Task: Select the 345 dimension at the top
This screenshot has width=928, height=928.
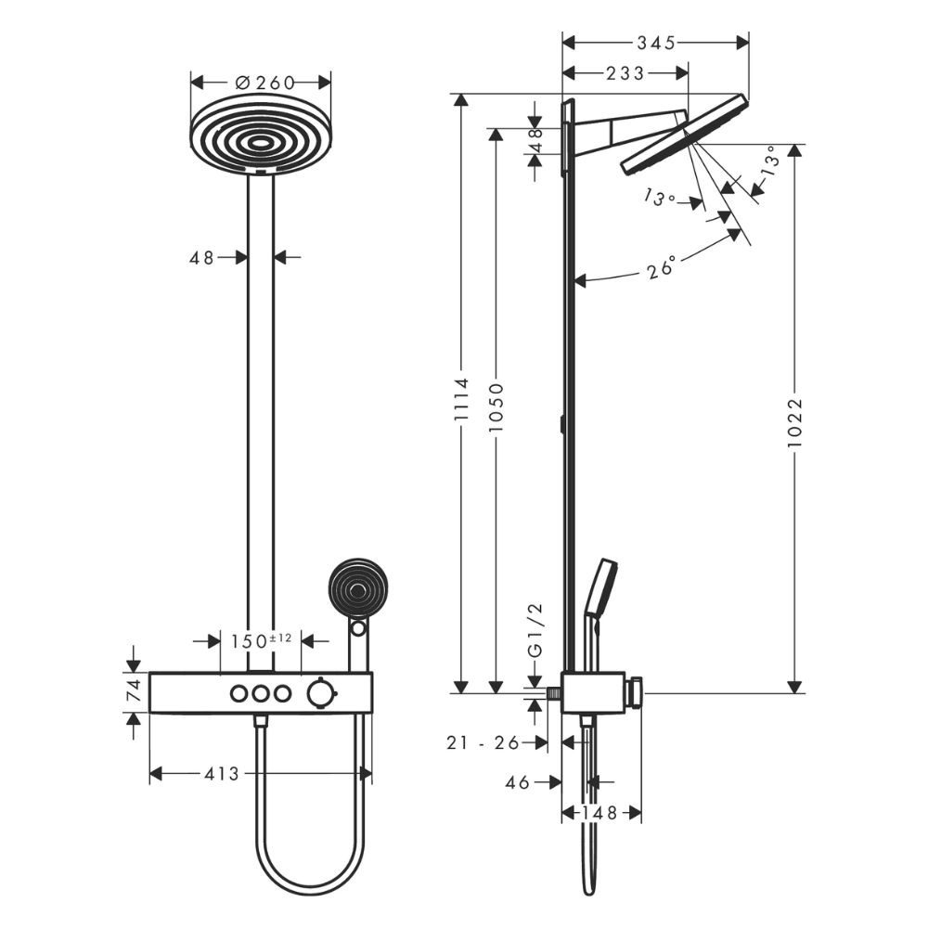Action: click(655, 43)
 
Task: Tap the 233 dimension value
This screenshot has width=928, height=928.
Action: click(625, 74)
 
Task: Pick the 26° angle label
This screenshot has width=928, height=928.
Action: click(660, 269)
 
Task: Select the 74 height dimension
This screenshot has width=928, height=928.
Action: click(134, 690)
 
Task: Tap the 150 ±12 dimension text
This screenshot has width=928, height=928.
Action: click(263, 640)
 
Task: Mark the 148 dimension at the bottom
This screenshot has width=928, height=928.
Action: click(602, 813)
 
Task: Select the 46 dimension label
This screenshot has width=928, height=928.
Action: click(518, 782)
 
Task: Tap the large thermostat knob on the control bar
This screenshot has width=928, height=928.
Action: click(320, 692)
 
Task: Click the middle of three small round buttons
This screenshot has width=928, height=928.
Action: click(261, 692)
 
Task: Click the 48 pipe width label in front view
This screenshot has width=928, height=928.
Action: click(202, 257)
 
